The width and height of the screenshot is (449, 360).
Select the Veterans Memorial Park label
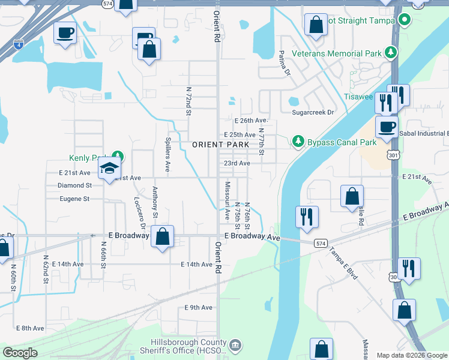(337, 53)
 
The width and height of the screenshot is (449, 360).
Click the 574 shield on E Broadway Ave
(321, 242)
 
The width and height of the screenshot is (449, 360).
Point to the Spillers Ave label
(168, 156)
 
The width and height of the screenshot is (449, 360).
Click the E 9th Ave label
(199, 308)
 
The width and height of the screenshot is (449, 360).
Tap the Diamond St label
(74, 186)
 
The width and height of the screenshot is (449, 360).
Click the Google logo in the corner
(20, 353)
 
